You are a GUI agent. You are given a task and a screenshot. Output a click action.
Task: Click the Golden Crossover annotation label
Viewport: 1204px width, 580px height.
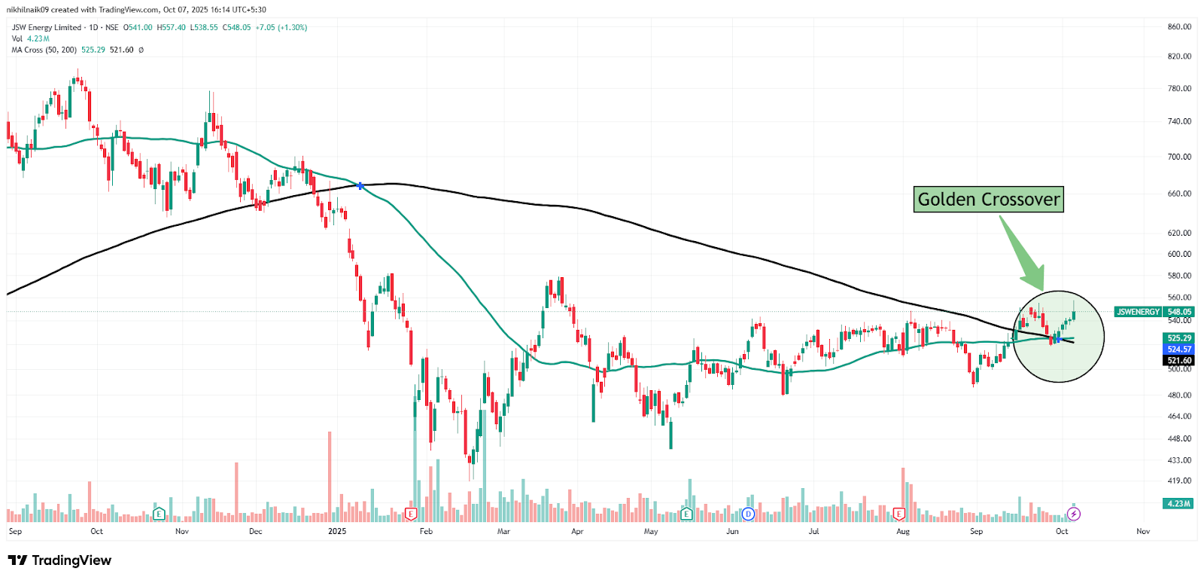pyautogui.click(x=988, y=200)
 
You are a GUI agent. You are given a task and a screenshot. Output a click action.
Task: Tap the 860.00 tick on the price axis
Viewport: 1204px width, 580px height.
pyautogui.click(x=1179, y=26)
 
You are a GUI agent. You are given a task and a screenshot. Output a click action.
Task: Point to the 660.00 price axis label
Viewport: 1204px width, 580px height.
pyautogui.click(x=1179, y=194)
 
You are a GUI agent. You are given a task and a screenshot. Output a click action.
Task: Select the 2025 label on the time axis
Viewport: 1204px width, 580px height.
pyautogui.click(x=337, y=531)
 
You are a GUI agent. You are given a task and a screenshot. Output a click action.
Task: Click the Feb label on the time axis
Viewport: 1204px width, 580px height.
pyautogui.click(x=426, y=531)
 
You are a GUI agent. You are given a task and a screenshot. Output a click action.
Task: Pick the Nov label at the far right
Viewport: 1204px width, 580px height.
pyautogui.click(x=1142, y=531)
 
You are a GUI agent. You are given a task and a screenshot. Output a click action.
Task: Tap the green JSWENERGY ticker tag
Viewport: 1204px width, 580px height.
pyautogui.click(x=1138, y=312)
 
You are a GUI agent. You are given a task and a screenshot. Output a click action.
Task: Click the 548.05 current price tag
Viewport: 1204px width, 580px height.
pyautogui.click(x=1179, y=312)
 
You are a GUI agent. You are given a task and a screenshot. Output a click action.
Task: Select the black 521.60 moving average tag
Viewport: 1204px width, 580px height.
pyautogui.click(x=1179, y=361)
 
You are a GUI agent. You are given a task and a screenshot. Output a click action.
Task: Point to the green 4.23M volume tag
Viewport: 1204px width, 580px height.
pyautogui.click(x=1178, y=503)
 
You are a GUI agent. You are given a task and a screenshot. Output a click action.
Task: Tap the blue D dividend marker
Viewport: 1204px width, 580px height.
pyautogui.click(x=748, y=514)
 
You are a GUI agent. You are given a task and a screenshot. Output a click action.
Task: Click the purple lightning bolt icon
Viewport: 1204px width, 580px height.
pyautogui.click(x=1074, y=514)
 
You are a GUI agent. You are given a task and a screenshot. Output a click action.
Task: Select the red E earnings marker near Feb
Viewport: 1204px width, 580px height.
pyautogui.click(x=411, y=514)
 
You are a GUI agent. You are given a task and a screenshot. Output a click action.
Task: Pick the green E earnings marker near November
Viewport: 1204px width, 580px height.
pyautogui.click(x=159, y=514)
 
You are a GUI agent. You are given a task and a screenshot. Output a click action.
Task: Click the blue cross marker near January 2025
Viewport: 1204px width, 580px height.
pyautogui.click(x=360, y=185)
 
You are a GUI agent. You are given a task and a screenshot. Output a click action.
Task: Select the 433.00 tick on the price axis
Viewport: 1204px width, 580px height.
pyautogui.click(x=1179, y=459)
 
